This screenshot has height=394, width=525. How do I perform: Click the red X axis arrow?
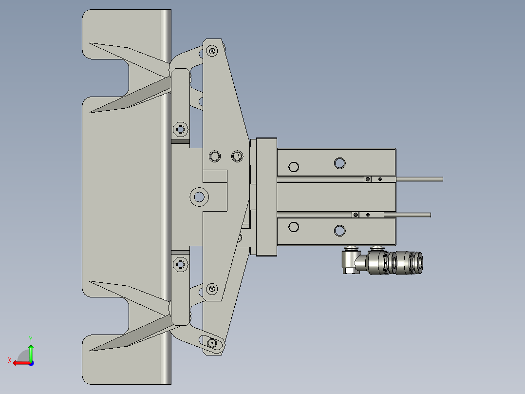click(x=18, y=362)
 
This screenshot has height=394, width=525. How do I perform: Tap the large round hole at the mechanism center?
click(x=199, y=197)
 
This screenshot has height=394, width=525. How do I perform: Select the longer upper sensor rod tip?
click(x=441, y=179)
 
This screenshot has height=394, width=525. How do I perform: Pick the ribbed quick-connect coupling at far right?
click(x=404, y=262)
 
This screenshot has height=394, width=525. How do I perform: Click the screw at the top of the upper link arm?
click(x=211, y=50)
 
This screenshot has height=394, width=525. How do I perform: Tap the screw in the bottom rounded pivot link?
click(x=211, y=343)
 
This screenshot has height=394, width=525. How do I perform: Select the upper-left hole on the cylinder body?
click(x=293, y=167)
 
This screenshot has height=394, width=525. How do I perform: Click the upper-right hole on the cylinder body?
click(x=339, y=162)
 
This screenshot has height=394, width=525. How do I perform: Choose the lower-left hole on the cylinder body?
click(x=293, y=227)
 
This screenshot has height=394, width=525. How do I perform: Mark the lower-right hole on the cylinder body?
click(x=339, y=231)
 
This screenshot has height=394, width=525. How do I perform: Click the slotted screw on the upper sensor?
click(x=368, y=179)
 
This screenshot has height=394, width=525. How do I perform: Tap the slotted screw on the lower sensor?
click(x=356, y=215)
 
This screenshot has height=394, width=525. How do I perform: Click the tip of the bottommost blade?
click(x=91, y=350)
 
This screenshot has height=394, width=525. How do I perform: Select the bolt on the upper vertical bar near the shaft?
click(x=181, y=129)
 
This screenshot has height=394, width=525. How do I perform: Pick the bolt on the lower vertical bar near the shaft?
click(x=181, y=264)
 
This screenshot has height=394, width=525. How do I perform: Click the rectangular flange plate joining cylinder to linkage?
click(x=263, y=197)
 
